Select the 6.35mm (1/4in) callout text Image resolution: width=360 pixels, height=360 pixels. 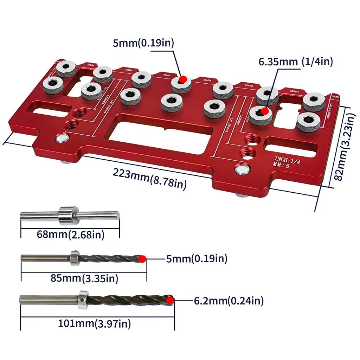click(x=296, y=62)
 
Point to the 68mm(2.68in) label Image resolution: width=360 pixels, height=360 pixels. click(x=71, y=234)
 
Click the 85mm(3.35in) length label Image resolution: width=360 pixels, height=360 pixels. click(x=84, y=279)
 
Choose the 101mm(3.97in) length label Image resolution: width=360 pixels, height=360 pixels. click(x=95, y=323)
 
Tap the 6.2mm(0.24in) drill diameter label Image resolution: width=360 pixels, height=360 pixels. click(x=229, y=301)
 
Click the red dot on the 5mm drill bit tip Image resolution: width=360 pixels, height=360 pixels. click(x=142, y=259)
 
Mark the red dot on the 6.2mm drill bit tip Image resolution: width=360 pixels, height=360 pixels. click(x=171, y=301)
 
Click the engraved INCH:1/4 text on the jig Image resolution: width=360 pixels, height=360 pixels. click(x=287, y=160)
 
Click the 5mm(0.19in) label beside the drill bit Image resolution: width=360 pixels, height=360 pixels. click(x=197, y=259)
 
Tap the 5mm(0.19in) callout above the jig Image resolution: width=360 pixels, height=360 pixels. click(x=143, y=43)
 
